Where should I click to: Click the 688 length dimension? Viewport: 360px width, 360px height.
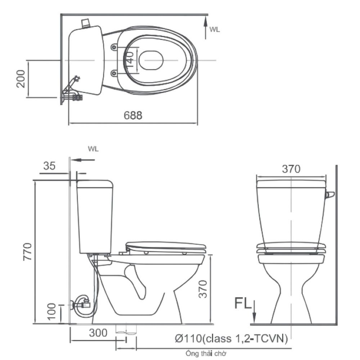click(133, 115)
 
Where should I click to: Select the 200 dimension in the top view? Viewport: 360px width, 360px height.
click(21, 79)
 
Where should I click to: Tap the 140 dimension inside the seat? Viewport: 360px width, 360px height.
click(130, 59)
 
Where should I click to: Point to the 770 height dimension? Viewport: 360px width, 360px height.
click(27, 252)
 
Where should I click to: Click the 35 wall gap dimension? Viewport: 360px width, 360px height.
click(49, 166)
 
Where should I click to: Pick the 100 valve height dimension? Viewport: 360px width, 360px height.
click(51, 311)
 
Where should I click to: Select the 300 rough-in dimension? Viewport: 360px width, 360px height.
click(98, 333)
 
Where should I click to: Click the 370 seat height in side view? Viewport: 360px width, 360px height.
click(203, 289)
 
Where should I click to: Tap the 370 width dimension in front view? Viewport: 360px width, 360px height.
click(291, 169)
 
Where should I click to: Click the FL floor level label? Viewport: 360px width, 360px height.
click(243, 303)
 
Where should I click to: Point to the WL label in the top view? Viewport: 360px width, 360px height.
click(215, 30)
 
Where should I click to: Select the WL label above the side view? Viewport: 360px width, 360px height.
click(93, 149)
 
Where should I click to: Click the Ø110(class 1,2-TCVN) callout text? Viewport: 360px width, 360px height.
click(231, 339)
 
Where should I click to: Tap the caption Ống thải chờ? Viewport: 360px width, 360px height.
click(206, 354)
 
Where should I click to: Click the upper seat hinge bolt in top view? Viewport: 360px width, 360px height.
click(113, 47)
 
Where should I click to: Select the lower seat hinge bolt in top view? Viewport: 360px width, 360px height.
click(113, 73)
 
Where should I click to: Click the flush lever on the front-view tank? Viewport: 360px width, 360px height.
click(330, 195)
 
